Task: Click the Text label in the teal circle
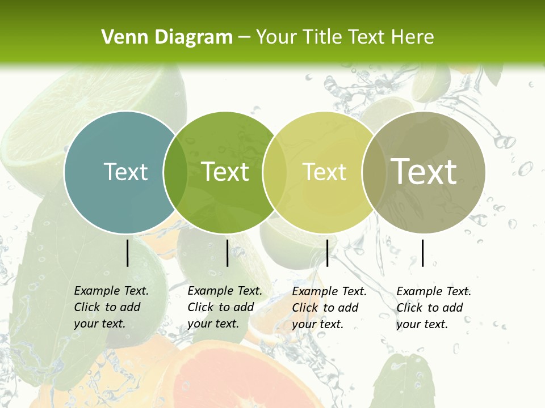[x=125, y=172]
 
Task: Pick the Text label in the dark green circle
[x=225, y=172]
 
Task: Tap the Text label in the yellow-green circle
[x=325, y=172]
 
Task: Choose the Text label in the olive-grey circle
[x=424, y=172]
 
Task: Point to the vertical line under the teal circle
[x=127, y=253]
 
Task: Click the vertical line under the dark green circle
[x=227, y=253]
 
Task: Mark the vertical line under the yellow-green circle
[x=327, y=253]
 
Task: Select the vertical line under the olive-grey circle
[x=422, y=253]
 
